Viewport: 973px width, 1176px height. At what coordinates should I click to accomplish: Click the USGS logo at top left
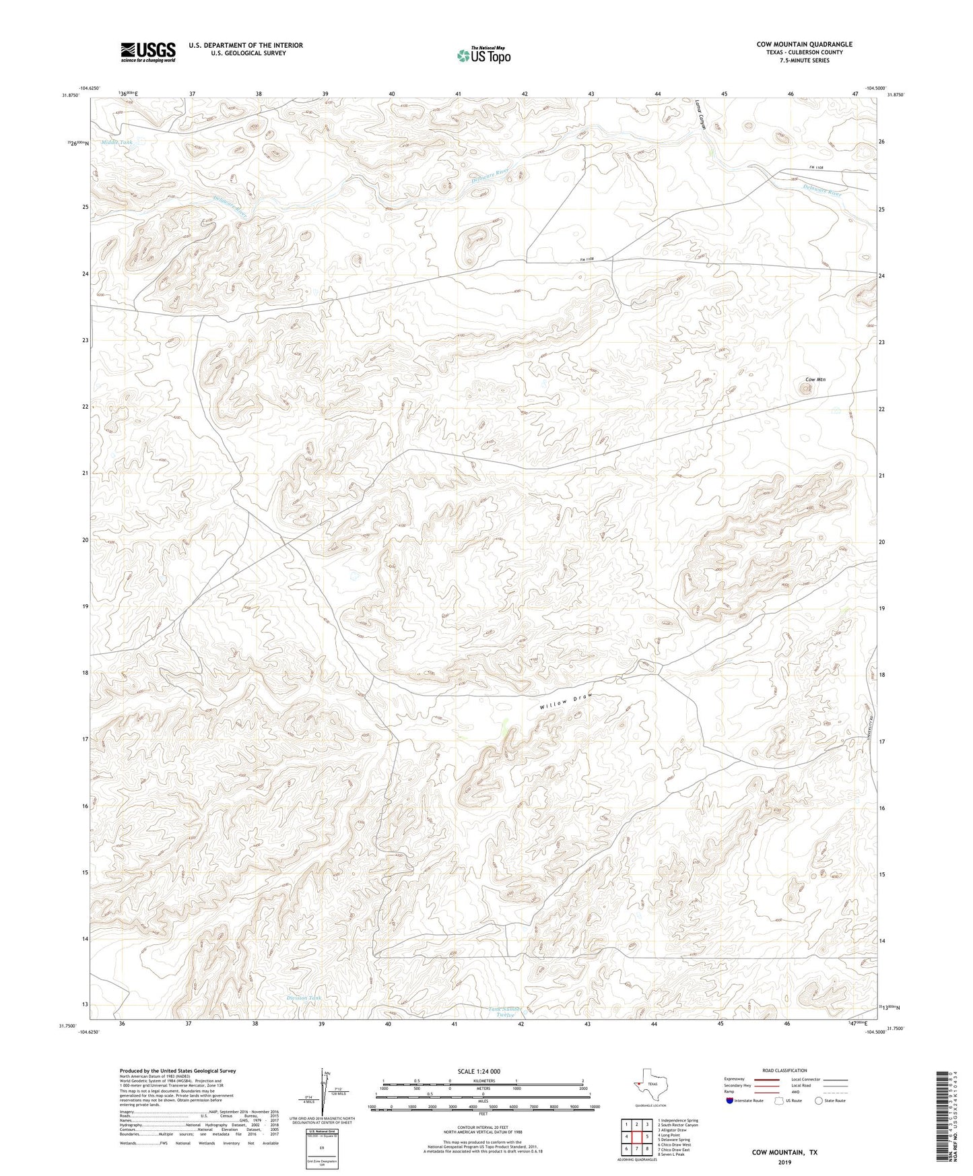(x=148, y=52)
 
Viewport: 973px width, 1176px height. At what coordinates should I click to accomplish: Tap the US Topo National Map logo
(x=483, y=55)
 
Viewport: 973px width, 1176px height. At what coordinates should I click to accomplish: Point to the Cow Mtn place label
(x=815, y=380)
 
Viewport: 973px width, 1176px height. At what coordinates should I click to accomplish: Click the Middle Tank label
(x=117, y=143)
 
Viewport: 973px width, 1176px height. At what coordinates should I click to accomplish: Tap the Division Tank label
(x=304, y=998)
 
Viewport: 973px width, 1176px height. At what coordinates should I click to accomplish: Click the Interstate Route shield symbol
(x=731, y=1101)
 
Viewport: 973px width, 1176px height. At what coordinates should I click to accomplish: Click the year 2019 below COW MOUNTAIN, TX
(x=784, y=1162)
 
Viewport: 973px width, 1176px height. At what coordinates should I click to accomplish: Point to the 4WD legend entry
(x=820, y=1092)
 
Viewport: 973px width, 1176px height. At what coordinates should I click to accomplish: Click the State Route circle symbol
(x=818, y=1101)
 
